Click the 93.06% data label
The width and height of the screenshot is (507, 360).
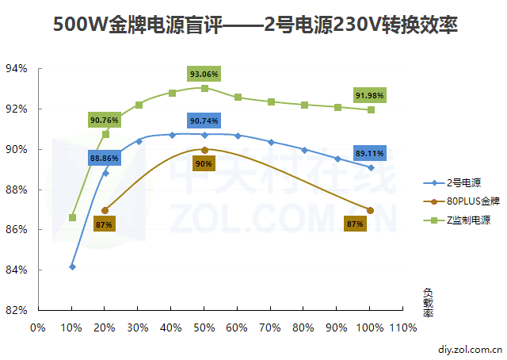[204, 74]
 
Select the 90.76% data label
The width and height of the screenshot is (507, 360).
[105, 121]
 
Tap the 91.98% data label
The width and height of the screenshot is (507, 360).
[370, 96]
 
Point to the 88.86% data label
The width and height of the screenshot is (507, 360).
[105, 159]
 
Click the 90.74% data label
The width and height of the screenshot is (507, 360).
[204, 121]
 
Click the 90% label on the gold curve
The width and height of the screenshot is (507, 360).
[204, 164]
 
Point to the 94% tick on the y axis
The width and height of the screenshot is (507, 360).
[17, 69]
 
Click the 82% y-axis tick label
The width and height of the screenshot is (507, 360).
[17, 310]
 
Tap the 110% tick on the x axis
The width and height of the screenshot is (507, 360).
[403, 326]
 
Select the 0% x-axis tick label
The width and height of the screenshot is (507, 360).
[37, 326]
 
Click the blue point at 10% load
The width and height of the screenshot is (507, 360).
[72, 266]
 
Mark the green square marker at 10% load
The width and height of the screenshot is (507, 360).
[72, 217]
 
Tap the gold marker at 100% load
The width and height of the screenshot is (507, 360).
[370, 210]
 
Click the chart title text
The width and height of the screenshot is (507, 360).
[255, 25]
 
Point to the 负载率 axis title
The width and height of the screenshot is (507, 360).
[428, 301]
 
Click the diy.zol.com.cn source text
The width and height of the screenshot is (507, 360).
[470, 347]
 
